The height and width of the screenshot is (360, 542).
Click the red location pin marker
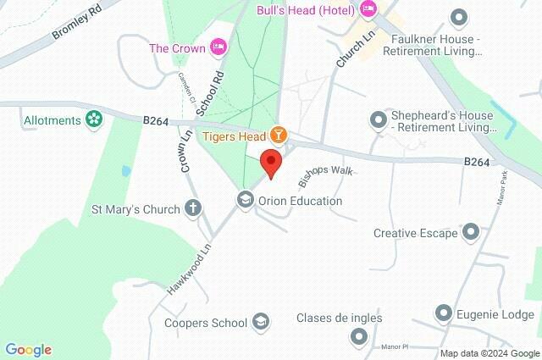(270, 163)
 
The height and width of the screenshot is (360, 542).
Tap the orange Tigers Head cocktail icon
(278, 135)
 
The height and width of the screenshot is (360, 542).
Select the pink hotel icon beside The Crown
(218, 48)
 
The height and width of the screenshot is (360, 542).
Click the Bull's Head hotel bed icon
(368, 9)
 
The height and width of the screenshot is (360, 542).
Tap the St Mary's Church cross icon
(193, 208)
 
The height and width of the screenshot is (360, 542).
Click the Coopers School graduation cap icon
(261, 322)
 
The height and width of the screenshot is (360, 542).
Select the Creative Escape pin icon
(471, 232)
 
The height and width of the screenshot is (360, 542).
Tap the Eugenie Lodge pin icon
(443, 313)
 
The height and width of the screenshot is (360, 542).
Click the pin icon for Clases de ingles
(358, 336)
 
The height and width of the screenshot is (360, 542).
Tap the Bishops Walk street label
(324, 176)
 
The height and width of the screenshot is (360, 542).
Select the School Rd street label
(208, 93)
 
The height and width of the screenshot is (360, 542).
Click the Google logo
(28, 350)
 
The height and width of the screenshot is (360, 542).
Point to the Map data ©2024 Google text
(489, 353)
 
